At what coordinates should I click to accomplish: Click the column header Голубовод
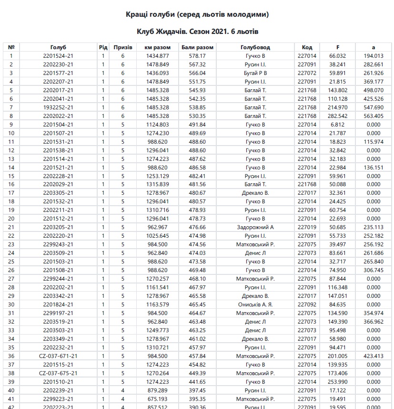point(255,47)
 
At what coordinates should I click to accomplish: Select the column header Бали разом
point(197,47)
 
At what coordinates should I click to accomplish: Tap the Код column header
point(307,47)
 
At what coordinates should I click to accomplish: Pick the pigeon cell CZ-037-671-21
point(58,356)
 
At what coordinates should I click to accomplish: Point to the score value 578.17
point(197,56)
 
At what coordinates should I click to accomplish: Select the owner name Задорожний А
point(255,227)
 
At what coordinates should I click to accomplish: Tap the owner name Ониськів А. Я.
point(255,304)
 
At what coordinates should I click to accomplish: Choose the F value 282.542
point(337,116)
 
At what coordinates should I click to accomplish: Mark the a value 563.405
point(374,116)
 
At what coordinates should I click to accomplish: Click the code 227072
point(307,73)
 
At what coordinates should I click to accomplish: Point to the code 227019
point(307,227)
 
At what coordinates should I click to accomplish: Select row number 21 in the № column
point(11,227)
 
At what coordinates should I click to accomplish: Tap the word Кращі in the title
point(137,15)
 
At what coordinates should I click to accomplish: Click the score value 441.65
point(197,382)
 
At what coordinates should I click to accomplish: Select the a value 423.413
point(374,356)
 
